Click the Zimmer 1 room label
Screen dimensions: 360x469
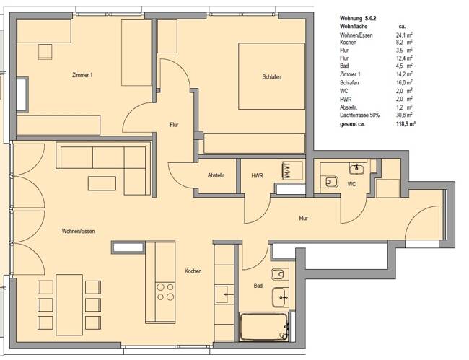83,75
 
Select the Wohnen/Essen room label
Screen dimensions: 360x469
79,231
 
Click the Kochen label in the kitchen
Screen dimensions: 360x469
193,271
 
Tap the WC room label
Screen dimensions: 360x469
351,184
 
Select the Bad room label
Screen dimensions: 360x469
258,286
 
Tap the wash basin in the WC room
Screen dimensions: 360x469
356,168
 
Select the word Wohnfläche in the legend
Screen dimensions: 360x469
354,26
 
